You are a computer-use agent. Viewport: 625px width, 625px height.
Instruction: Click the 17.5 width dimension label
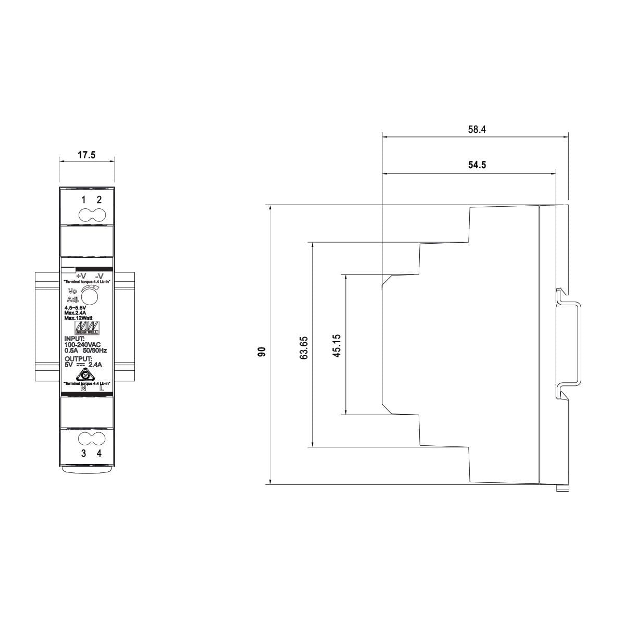tap(86, 155)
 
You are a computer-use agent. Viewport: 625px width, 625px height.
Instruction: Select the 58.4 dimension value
tap(477, 130)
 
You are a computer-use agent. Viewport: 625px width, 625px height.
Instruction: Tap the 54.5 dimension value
tap(477, 166)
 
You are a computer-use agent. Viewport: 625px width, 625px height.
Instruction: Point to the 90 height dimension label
tap(262, 352)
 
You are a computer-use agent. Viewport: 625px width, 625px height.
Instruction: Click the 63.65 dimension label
tap(305, 347)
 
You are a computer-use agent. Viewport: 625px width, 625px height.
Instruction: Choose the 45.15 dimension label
tap(336, 345)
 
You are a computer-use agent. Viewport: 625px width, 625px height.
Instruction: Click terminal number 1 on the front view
tap(83, 199)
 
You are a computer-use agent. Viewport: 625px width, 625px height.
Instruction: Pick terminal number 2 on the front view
tap(99, 199)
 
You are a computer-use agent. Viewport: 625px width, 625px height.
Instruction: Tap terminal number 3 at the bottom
tap(83, 453)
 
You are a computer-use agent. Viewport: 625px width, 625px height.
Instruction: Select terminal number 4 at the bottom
tap(99, 453)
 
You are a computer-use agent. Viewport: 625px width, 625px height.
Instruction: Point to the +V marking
tap(81, 276)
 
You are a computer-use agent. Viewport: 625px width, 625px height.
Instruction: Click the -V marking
tap(99, 276)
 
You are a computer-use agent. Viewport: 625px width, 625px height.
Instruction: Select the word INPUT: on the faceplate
tap(74, 339)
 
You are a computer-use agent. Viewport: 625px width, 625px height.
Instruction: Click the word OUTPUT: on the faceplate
tap(78, 359)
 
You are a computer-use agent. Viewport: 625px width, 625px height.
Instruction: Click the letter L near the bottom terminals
tap(102, 389)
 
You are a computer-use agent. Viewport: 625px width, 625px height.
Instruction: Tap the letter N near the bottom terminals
tap(83, 389)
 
